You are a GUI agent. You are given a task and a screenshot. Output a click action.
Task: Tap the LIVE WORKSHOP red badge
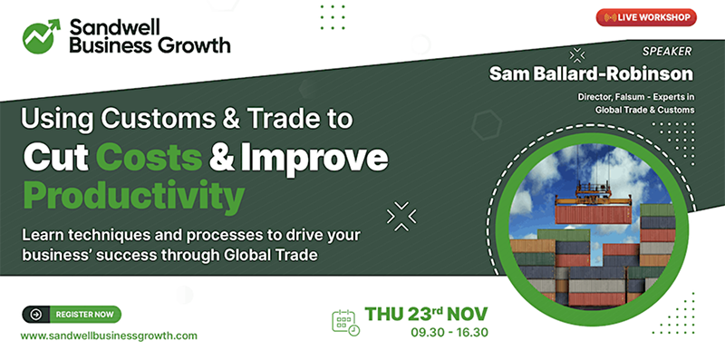tap(646, 17)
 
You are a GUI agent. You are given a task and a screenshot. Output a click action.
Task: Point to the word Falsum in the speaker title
tap(624, 95)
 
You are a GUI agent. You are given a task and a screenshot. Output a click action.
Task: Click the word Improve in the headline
tap(322, 157)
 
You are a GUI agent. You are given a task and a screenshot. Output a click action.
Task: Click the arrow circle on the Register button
tap(35, 315)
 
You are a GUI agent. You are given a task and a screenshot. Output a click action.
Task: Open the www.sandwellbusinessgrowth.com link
tap(109, 336)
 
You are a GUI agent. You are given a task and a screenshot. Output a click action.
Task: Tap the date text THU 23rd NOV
tap(426, 314)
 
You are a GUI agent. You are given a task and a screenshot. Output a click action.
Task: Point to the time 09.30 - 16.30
tap(449, 333)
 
